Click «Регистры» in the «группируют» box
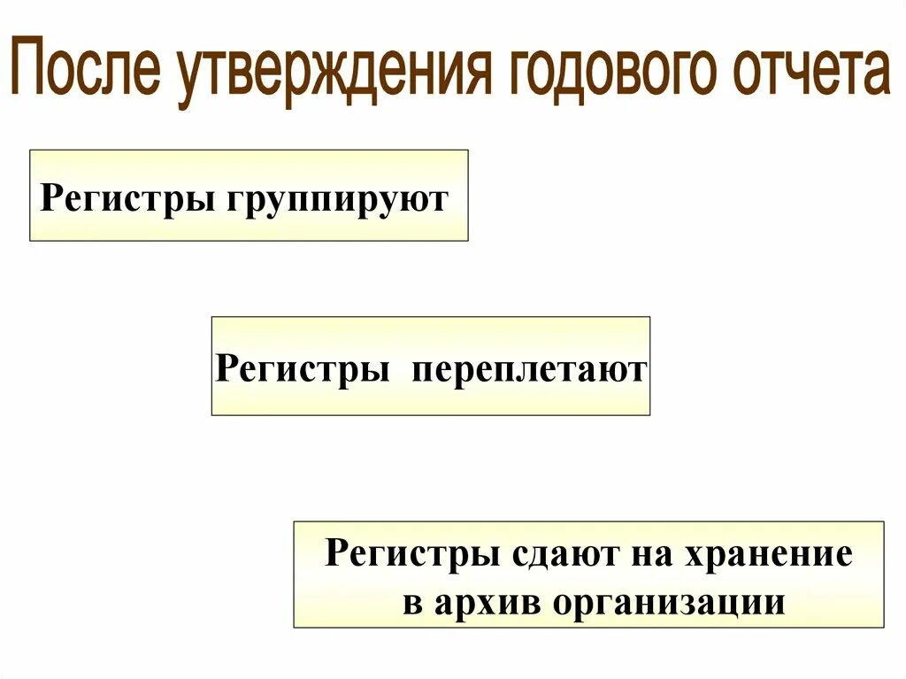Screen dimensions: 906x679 (125, 197)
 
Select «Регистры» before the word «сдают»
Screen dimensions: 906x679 (411, 555)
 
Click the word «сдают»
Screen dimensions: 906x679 (561, 555)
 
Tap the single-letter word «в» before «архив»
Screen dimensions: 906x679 (411, 602)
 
